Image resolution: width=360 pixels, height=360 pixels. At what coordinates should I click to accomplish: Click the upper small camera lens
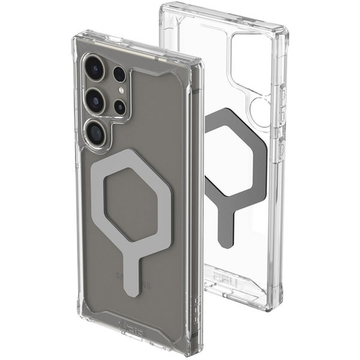(x=119, y=74)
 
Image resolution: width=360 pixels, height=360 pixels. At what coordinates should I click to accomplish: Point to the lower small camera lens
(x=120, y=107)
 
